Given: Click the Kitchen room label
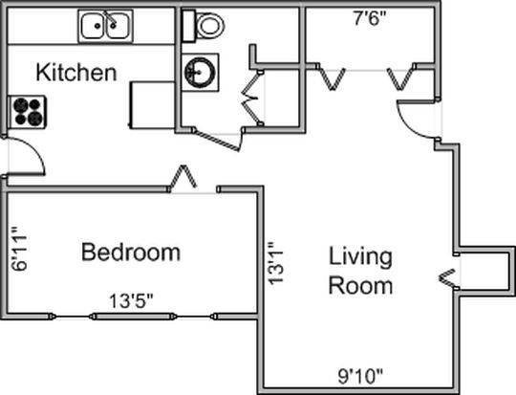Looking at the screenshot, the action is (x=76, y=73).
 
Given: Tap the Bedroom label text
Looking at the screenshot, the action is (x=131, y=252).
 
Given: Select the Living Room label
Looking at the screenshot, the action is (x=360, y=271).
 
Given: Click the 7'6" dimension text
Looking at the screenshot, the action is (x=369, y=19).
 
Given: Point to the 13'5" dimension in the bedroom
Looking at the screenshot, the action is (x=131, y=300).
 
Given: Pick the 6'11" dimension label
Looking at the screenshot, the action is (x=19, y=249).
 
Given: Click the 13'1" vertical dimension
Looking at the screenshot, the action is (x=276, y=263).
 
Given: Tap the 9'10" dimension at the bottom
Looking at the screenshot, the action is (x=360, y=376).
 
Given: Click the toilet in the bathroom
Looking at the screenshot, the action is (x=203, y=26).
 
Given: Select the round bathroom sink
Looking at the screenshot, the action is (x=200, y=72).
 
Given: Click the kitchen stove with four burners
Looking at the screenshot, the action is (x=28, y=112).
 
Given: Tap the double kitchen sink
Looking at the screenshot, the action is (x=105, y=26).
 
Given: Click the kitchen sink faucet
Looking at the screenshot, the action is (x=110, y=18).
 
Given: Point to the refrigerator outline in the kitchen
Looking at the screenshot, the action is (x=152, y=105).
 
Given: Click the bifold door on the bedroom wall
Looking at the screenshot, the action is (x=183, y=178).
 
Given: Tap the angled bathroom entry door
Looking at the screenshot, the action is (x=218, y=141).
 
